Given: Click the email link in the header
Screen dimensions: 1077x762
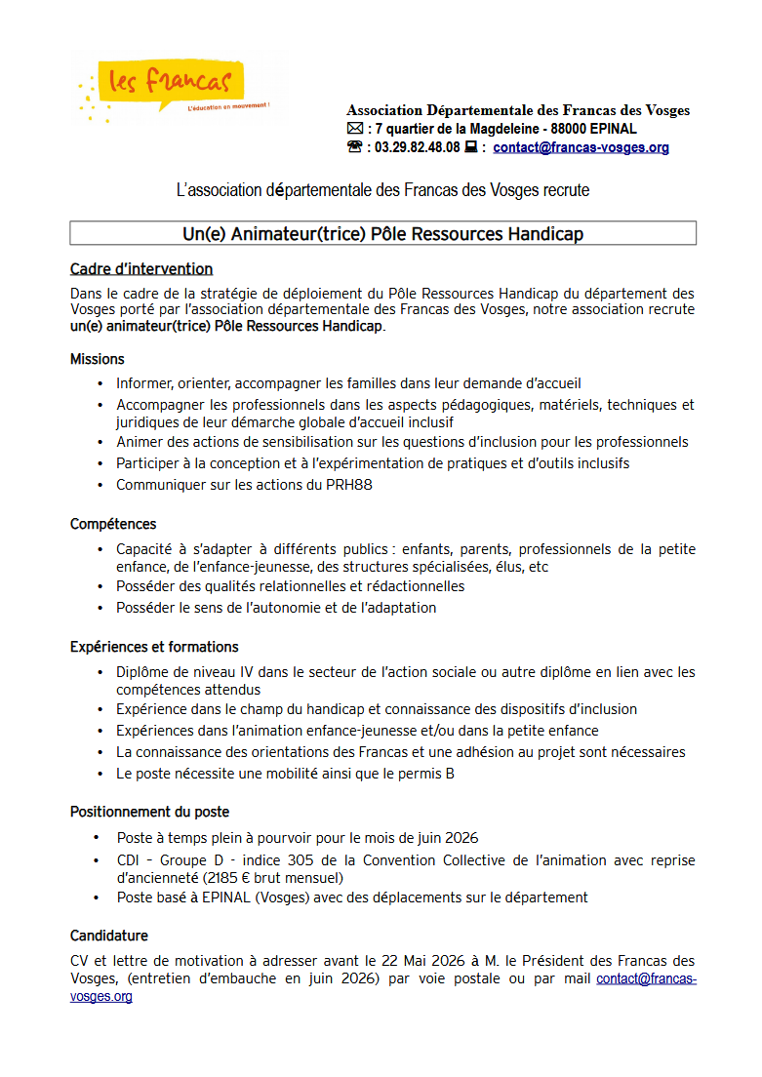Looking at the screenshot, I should click(x=581, y=148).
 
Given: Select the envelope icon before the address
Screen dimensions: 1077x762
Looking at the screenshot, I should click(x=354, y=129).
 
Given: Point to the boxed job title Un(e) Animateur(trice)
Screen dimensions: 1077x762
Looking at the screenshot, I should click(x=382, y=233).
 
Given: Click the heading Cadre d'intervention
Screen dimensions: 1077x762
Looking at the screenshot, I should click(x=140, y=269).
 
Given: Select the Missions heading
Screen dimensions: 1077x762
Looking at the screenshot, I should click(x=97, y=359).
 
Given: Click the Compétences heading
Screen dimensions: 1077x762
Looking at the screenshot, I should click(x=112, y=524).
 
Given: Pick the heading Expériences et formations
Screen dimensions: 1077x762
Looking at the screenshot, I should click(x=154, y=647).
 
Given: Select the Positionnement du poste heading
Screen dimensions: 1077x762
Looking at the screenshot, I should click(x=149, y=812).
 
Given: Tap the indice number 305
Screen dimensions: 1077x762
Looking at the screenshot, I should click(x=301, y=860).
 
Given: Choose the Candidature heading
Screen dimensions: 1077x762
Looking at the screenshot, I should click(x=108, y=936).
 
